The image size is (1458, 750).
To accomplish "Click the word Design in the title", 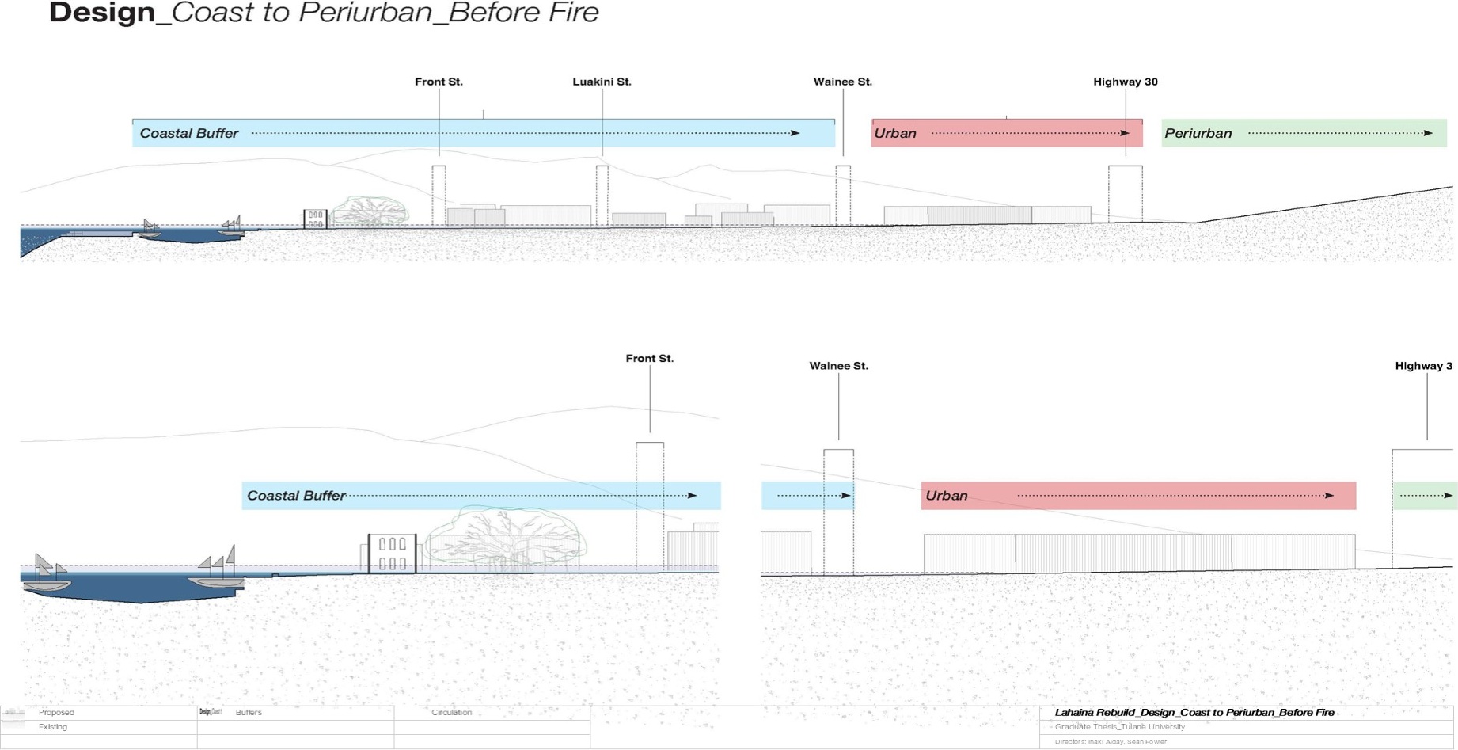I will point(102,13).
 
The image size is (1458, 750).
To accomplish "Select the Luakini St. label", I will point(602,82).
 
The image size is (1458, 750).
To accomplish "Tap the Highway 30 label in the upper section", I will point(1125,82).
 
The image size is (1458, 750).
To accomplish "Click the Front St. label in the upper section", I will point(439,82).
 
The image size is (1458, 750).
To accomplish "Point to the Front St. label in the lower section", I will point(649,359).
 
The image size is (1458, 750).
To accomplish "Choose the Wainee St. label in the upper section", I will point(842,82).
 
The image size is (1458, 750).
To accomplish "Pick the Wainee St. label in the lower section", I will point(838,366).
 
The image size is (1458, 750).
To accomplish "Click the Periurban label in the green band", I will point(1198,134).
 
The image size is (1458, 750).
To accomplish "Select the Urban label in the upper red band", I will point(895,134).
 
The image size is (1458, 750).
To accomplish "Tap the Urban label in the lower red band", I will point(946,496).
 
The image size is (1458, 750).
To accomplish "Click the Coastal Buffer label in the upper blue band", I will point(188,134).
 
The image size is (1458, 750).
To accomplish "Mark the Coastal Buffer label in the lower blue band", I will point(296,496).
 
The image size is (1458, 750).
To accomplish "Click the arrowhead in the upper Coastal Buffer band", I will point(795,133).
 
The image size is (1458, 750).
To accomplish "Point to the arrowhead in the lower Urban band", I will point(1329,496).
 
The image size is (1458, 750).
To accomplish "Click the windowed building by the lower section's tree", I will point(392,553).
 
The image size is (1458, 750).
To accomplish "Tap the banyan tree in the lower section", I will point(503,539).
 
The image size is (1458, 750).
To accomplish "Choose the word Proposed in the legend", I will point(56,713).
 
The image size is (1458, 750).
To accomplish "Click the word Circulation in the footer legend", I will point(451,713).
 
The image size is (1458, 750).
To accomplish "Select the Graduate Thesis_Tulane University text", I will point(1119,727).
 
